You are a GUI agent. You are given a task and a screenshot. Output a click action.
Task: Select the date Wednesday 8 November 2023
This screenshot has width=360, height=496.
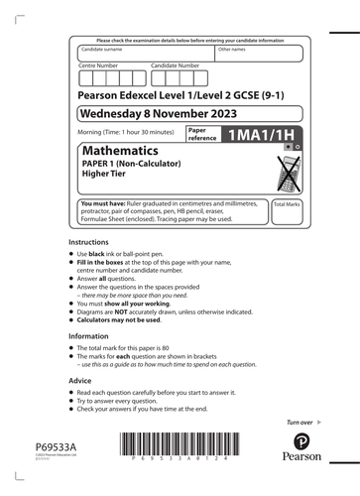pyautogui.click(x=157, y=113)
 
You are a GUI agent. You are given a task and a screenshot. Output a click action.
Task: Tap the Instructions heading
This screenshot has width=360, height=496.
pyautogui.click(x=89, y=242)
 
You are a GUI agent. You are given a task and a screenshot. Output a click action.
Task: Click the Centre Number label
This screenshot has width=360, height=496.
pyautogui.click(x=99, y=65)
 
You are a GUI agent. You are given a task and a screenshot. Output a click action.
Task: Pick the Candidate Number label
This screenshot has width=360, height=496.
pyautogui.click(x=176, y=65)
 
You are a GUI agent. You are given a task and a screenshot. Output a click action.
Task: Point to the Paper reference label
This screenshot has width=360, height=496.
pyautogui.click(x=201, y=134)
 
